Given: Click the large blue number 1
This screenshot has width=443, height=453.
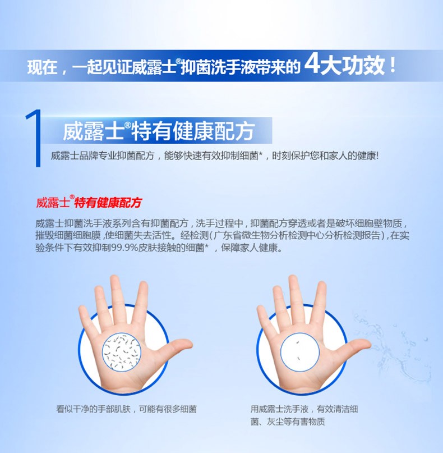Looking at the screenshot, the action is [35, 138].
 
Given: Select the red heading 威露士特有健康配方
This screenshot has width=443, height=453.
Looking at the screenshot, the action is [89, 202].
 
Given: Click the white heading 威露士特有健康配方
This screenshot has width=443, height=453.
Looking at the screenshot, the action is [159, 131].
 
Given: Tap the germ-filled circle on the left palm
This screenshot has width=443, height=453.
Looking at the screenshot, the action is [122, 352].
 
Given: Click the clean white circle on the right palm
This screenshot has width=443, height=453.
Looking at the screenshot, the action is [300, 351].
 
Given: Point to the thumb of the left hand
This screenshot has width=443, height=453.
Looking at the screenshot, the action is [176, 347].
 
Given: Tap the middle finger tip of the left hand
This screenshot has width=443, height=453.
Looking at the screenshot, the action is [114, 280].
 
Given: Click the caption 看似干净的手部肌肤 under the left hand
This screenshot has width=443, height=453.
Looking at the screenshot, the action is [94, 409].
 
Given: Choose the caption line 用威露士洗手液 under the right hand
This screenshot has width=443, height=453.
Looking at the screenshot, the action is [279, 409].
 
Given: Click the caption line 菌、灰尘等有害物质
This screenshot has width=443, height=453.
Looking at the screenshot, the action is [288, 422].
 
